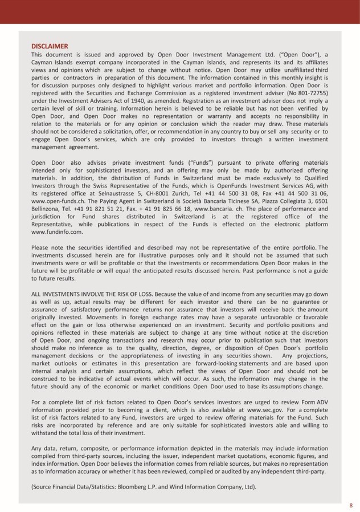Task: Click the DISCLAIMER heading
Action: pos(50,46)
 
